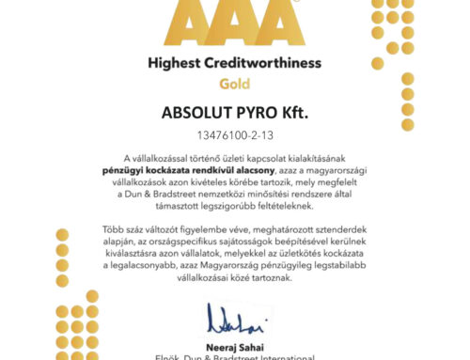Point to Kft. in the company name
coord(307,113)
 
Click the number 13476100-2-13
coord(235,134)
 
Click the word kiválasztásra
coord(147,253)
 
